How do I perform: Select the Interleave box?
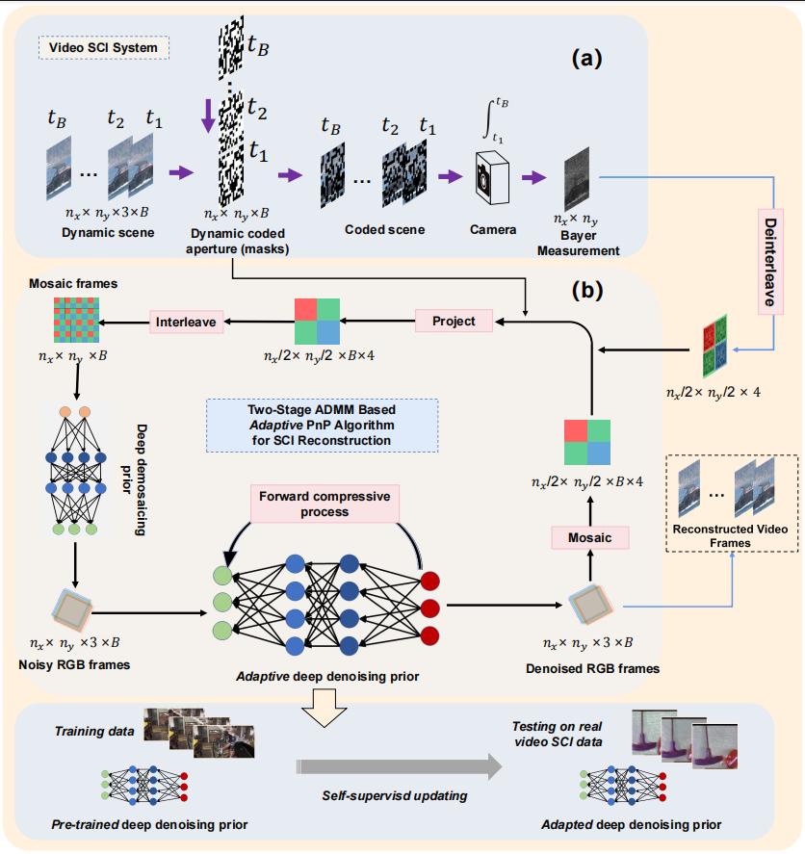[187, 322]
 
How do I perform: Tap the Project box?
[454, 320]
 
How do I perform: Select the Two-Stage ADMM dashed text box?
[323, 426]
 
